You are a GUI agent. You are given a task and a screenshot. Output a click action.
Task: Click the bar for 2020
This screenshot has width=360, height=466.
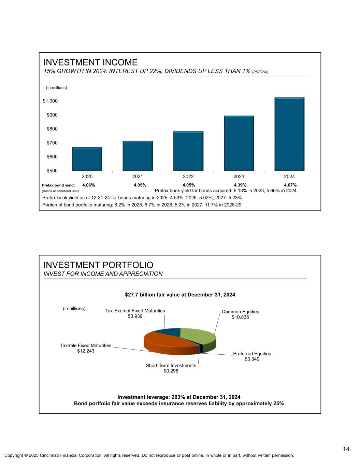pyautogui.click(x=87, y=159)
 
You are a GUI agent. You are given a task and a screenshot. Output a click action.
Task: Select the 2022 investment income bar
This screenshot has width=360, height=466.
pyautogui.click(x=188, y=151)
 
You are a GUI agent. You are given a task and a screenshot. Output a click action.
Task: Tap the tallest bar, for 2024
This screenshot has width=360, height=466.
pyautogui.click(x=289, y=134)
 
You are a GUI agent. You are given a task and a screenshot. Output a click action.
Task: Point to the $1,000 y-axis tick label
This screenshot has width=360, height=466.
pyautogui.click(x=50, y=101)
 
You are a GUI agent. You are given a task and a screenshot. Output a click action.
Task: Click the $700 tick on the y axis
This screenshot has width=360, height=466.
pyautogui.click(x=52, y=143)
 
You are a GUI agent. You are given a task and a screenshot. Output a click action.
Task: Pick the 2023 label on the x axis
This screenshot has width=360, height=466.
pyautogui.click(x=239, y=176)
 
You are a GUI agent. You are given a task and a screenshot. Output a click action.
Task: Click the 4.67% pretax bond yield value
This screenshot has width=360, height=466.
pyautogui.click(x=290, y=185)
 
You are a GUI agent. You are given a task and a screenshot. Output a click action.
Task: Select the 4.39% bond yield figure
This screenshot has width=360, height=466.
pyautogui.click(x=240, y=185)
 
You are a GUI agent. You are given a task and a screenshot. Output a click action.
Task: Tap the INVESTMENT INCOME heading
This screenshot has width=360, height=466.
pyautogui.click(x=90, y=62)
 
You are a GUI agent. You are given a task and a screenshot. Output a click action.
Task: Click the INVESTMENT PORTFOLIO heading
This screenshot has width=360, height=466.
pyautogui.click(x=98, y=265)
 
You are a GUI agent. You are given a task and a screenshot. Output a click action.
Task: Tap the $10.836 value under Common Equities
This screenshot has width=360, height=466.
pyautogui.click(x=240, y=317)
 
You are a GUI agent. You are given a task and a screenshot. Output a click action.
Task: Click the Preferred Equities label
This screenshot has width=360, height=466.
pyautogui.click(x=252, y=353)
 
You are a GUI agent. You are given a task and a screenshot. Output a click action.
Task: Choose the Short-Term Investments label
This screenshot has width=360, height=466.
pyautogui.click(x=171, y=365)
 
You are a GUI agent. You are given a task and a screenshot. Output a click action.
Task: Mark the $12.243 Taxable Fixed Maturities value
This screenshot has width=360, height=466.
pyautogui.click(x=86, y=351)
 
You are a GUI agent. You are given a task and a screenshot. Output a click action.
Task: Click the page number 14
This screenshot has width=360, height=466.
pyautogui.click(x=346, y=449)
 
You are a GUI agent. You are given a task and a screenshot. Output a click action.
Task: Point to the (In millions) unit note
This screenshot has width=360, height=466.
pyautogui.click(x=57, y=88)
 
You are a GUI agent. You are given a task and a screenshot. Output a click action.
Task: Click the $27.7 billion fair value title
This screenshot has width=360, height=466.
pyautogui.click(x=180, y=294)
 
